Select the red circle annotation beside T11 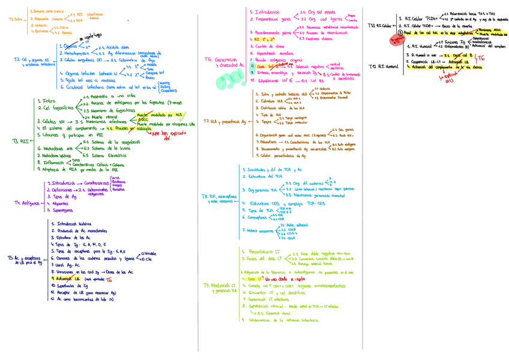(x=396, y=40)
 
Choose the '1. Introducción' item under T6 (x=267, y=12)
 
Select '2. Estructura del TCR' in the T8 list (x=262, y=177)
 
